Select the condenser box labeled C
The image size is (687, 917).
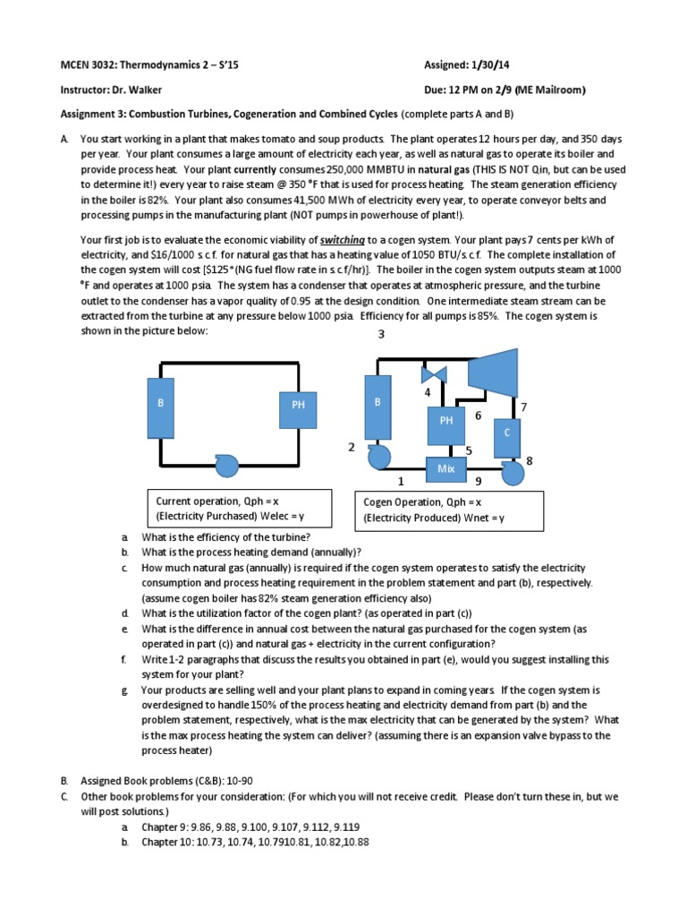[x=507, y=433]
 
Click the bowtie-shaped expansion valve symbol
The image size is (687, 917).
[x=435, y=373]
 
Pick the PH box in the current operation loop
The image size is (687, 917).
[x=298, y=405]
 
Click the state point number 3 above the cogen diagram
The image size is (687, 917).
[x=380, y=334]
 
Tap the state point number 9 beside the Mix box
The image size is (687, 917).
[x=479, y=482]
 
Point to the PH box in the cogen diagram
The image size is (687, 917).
[x=446, y=420]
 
